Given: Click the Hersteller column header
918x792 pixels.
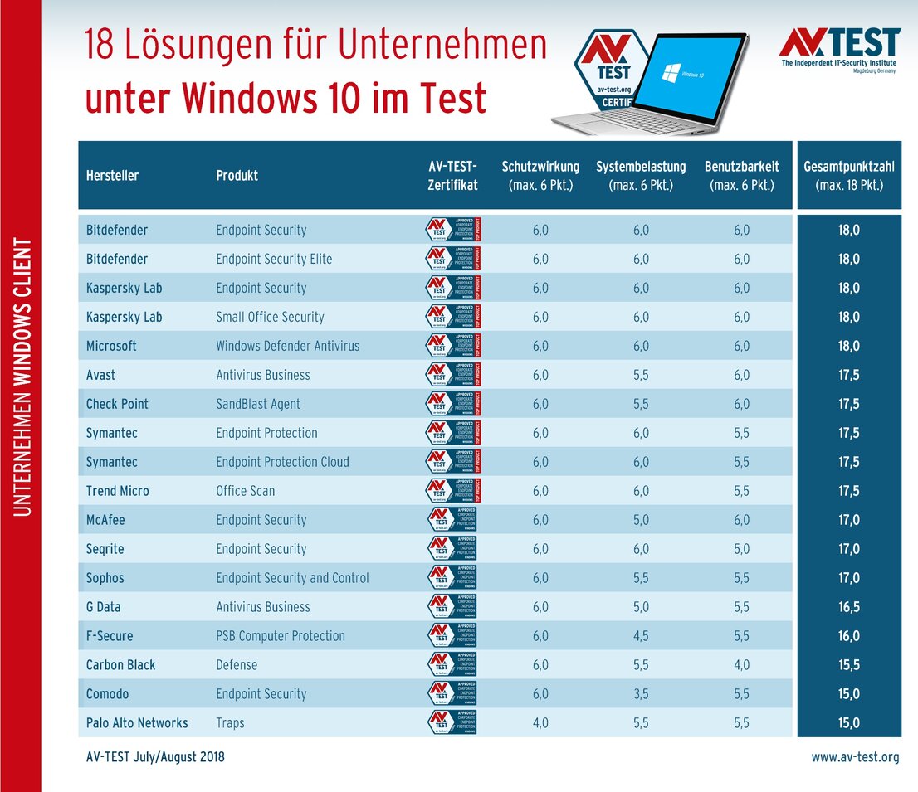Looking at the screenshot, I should click(x=112, y=176).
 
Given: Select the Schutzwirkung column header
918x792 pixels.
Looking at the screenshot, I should click(x=540, y=175).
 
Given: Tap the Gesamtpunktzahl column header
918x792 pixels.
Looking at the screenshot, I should click(x=848, y=175).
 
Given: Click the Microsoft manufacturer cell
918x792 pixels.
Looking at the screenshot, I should click(x=111, y=346).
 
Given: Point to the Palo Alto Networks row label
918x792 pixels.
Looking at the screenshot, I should click(x=137, y=723).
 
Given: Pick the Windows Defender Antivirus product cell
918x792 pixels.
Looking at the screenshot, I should click(x=287, y=346).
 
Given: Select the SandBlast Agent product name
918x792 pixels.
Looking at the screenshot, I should click(x=258, y=404).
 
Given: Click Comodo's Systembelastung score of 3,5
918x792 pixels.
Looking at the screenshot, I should click(x=641, y=694).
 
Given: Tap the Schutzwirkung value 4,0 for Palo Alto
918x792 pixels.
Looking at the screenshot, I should click(x=540, y=723).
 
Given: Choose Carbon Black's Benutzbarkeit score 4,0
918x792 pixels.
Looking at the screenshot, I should click(x=741, y=665).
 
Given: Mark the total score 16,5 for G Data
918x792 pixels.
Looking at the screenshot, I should click(x=848, y=607).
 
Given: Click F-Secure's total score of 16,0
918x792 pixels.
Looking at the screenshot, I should click(x=848, y=636).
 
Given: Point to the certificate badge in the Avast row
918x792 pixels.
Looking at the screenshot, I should click(x=453, y=375).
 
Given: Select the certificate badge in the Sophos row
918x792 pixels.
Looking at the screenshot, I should click(x=452, y=578).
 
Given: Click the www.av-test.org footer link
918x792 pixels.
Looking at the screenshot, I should click(x=855, y=757).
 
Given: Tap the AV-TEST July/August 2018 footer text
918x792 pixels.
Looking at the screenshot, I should click(x=155, y=757).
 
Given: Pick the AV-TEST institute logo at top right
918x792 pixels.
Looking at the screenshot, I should click(x=840, y=49).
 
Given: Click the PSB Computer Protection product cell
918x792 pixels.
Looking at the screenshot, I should click(x=281, y=636).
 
